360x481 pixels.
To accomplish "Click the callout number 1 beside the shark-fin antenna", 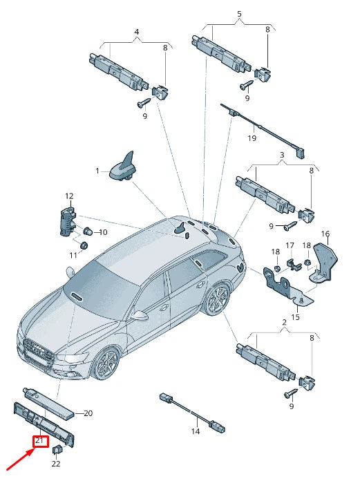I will tap(97, 170).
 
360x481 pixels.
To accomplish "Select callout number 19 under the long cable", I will tap(252, 138).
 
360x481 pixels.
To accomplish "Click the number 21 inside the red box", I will tap(39, 440).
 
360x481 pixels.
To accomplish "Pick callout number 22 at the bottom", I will tap(56, 464).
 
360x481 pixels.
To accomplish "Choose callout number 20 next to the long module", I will tap(88, 413).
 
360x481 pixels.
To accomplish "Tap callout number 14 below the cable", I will tap(196, 431).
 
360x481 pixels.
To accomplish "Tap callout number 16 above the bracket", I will tap(325, 234).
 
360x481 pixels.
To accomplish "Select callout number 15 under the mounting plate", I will tap(295, 317).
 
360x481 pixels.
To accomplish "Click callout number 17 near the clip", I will tap(290, 245).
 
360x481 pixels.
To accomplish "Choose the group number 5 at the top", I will tap(239, 14).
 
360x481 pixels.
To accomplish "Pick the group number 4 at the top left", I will tap(136, 32).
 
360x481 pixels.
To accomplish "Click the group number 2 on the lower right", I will tap(284, 322).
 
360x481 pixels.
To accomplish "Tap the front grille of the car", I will tap(38, 352).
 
